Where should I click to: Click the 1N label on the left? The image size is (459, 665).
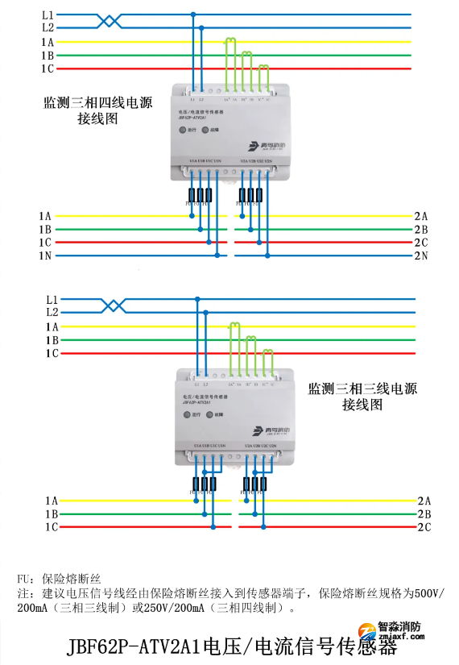(44, 256)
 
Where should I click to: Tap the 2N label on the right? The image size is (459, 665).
(420, 256)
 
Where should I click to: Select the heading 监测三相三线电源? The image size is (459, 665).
(362, 388)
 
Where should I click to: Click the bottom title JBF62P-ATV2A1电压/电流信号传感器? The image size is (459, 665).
(233, 646)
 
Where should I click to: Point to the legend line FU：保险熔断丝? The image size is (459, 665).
(58, 578)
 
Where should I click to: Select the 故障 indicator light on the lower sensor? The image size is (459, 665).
(210, 415)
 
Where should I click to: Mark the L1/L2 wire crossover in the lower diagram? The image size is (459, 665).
(116, 305)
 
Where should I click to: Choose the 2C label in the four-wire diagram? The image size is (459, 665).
(420, 243)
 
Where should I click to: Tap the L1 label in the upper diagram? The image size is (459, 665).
(48, 15)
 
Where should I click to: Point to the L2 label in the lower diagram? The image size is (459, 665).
(52, 311)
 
